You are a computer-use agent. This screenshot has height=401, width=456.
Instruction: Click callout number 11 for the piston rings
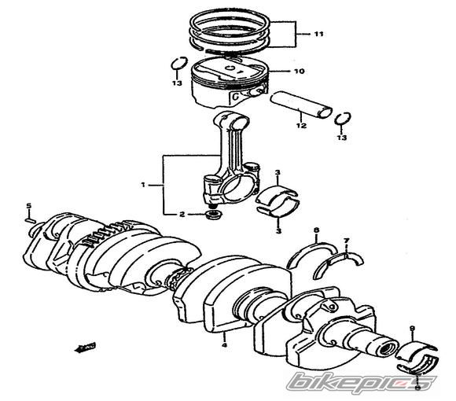(x=318, y=34)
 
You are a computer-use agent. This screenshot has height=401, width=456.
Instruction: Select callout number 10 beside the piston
(x=299, y=71)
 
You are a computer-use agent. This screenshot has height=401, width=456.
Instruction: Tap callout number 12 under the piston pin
(x=302, y=126)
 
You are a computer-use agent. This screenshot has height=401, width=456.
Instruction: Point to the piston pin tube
(x=300, y=105)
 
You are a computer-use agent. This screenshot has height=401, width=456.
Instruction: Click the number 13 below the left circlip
(x=177, y=83)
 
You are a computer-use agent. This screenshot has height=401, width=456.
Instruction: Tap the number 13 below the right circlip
(x=342, y=138)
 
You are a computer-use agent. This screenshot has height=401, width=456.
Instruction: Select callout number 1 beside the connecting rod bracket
(x=143, y=184)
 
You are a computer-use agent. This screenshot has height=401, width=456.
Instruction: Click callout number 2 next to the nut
(x=182, y=215)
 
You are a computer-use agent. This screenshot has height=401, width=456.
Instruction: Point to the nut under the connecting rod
(x=215, y=215)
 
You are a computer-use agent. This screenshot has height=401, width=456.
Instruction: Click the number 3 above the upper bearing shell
(x=278, y=173)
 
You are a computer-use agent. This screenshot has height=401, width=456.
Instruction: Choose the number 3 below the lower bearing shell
(x=278, y=231)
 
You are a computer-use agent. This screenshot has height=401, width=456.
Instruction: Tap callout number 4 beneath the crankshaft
(x=224, y=345)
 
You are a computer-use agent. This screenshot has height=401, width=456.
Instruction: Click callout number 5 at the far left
(x=28, y=206)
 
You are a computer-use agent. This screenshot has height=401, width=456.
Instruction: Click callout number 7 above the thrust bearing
(x=346, y=241)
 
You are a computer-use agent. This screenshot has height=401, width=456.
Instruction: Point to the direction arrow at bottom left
(x=86, y=348)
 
